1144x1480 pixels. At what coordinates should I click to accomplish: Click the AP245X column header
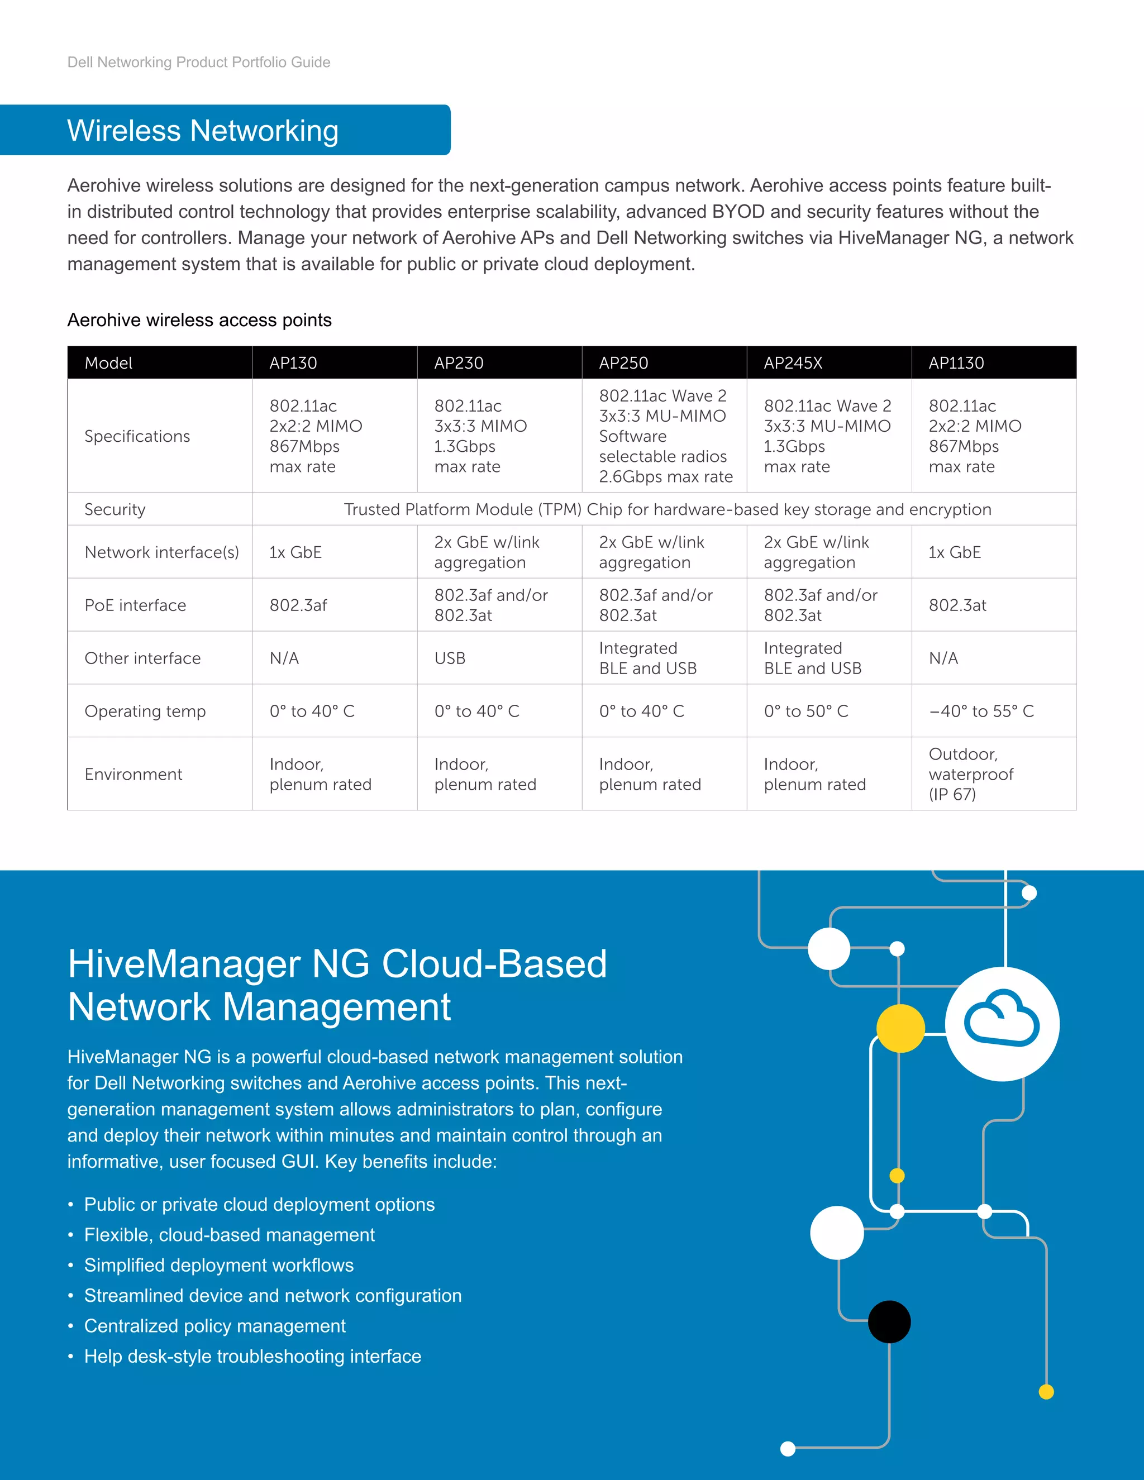point(793,363)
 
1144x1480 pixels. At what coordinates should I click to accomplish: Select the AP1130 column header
point(956,363)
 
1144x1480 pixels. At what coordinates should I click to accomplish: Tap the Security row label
point(115,509)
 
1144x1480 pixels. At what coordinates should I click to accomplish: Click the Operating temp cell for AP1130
point(981,712)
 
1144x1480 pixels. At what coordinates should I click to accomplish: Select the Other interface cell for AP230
point(450,658)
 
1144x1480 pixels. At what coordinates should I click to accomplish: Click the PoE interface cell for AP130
point(298,606)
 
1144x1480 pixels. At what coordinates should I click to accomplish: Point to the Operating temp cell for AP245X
point(806,712)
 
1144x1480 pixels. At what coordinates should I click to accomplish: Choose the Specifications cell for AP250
point(665,436)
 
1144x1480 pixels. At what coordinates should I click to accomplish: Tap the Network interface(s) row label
point(161,553)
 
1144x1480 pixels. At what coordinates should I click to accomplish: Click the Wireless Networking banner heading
point(203,131)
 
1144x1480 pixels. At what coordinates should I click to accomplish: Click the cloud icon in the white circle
point(1002,1019)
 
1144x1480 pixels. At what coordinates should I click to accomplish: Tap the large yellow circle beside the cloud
point(900,1028)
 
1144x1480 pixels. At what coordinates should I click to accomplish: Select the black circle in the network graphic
point(889,1321)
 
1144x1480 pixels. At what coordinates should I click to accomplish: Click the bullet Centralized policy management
point(215,1326)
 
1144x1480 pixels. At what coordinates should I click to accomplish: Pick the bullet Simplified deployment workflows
point(219,1265)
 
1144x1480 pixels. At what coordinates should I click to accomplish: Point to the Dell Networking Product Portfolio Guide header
point(198,63)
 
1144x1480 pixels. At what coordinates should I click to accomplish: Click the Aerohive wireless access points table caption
point(199,321)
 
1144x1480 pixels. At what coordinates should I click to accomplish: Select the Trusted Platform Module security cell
point(667,509)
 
